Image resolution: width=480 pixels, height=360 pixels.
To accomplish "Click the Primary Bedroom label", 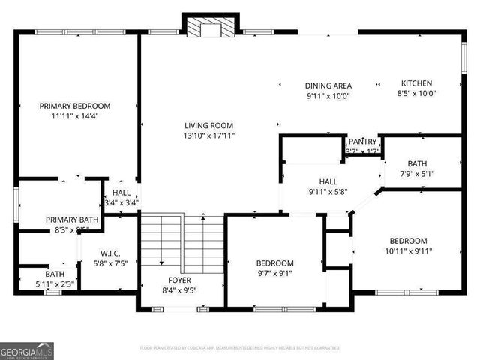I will coord(75,106).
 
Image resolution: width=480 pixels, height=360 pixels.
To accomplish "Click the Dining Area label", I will coord(328,85).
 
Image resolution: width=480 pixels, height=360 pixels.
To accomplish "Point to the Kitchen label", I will coord(416,83).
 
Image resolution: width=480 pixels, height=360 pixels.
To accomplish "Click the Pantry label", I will coord(362,142).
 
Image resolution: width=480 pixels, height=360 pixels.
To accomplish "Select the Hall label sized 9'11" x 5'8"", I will coord(328,181).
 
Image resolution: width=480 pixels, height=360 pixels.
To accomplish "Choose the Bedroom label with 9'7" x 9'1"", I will coord(274,263).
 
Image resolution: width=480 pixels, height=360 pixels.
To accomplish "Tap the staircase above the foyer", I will coord(182,240).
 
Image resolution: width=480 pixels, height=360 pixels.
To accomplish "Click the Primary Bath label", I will coord(72,220).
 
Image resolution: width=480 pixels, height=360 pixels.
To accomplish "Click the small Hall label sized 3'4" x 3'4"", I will coord(121,193).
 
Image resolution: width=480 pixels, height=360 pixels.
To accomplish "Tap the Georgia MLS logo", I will coord(26,350).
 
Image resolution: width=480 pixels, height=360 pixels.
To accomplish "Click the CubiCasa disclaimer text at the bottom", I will coord(240,348).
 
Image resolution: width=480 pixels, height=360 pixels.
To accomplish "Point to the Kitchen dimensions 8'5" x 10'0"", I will coord(416,94).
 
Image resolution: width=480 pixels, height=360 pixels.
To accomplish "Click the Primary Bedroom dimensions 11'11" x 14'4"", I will coord(75,116).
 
